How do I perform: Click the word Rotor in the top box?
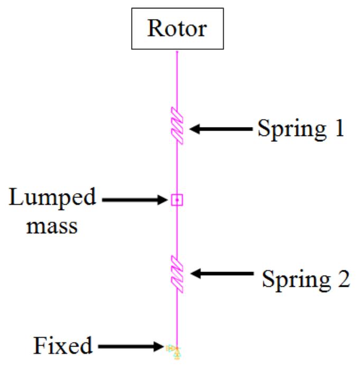[177, 29]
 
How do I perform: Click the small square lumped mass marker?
[177, 199]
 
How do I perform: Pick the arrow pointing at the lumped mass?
[134, 200]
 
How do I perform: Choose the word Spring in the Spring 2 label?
[293, 279]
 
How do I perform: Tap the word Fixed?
[63, 346]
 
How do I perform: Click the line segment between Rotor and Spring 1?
[177, 79]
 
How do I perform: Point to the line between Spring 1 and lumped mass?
[177, 169]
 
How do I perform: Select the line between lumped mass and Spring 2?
[177, 230]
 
